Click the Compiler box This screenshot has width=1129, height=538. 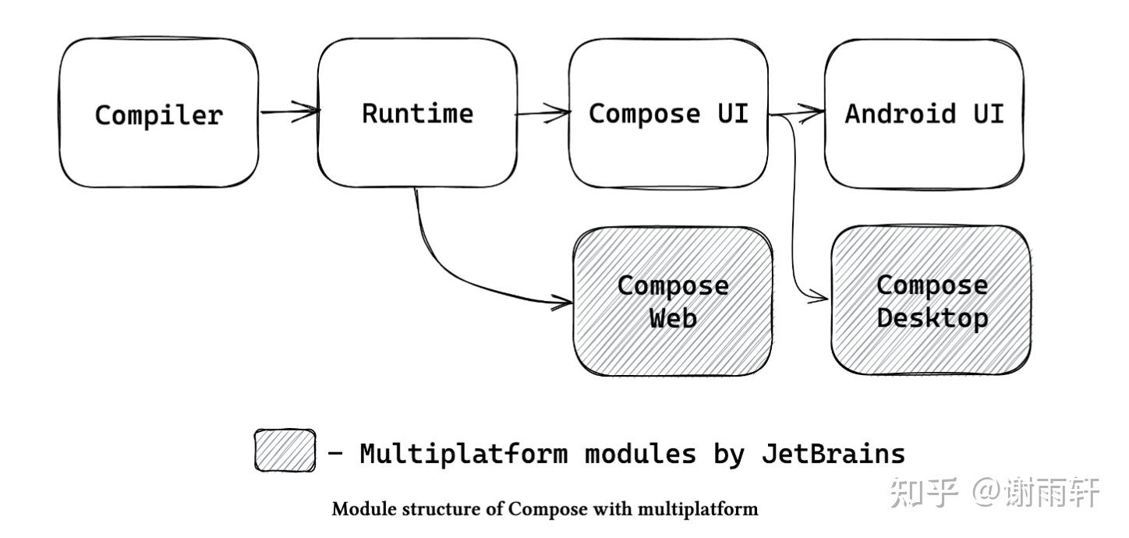(x=158, y=114)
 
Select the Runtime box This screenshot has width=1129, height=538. (x=416, y=114)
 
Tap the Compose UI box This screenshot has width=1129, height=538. (x=668, y=114)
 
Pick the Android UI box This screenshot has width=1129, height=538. (x=924, y=114)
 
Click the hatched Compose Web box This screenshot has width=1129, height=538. (x=673, y=302)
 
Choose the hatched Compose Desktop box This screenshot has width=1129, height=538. (x=931, y=301)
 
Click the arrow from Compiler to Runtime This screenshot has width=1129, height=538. (x=288, y=111)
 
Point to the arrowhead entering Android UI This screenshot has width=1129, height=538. (x=816, y=111)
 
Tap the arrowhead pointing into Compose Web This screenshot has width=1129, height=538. (x=563, y=301)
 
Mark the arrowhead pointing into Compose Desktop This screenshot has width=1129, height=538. (x=819, y=297)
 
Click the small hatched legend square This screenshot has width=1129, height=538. (x=285, y=451)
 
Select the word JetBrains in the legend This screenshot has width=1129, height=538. (x=833, y=453)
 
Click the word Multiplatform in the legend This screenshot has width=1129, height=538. (x=463, y=453)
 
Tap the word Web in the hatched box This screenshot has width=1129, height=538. (x=673, y=318)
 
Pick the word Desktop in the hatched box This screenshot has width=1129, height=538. (x=932, y=318)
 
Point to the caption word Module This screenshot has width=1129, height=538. (x=361, y=510)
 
